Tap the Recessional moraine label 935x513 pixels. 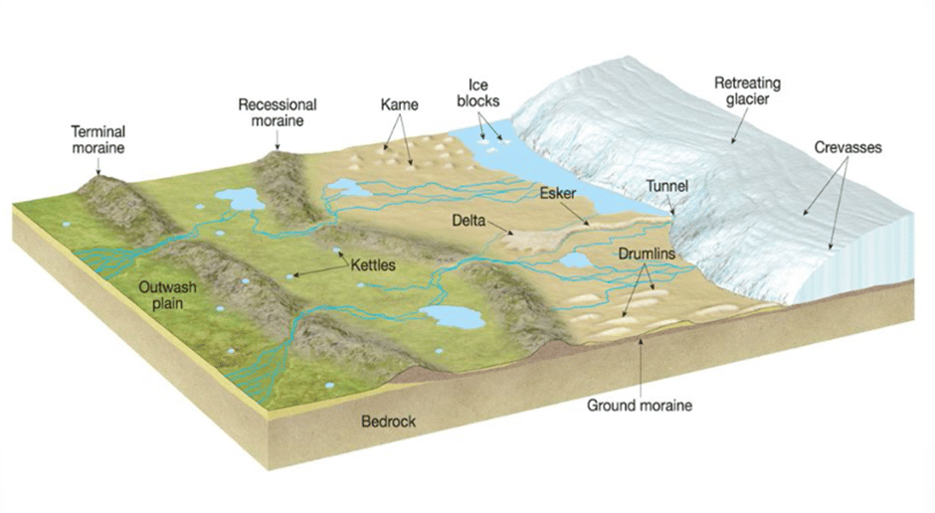point(278,112)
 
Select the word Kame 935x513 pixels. point(399,103)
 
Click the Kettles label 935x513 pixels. point(372,266)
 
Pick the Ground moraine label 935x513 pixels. point(639,405)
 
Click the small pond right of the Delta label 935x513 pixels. point(575,260)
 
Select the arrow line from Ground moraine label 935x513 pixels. point(641,368)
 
